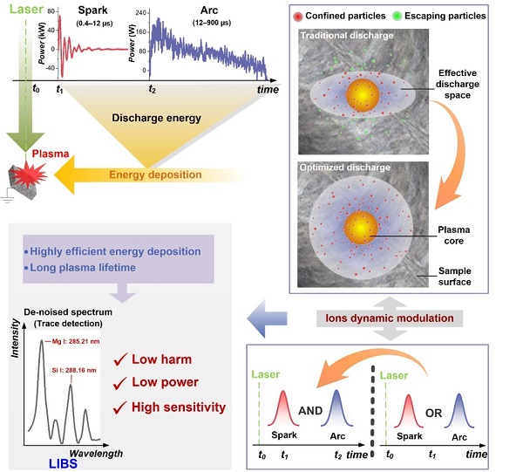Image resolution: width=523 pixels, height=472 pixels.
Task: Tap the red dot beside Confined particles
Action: [x=300, y=16]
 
